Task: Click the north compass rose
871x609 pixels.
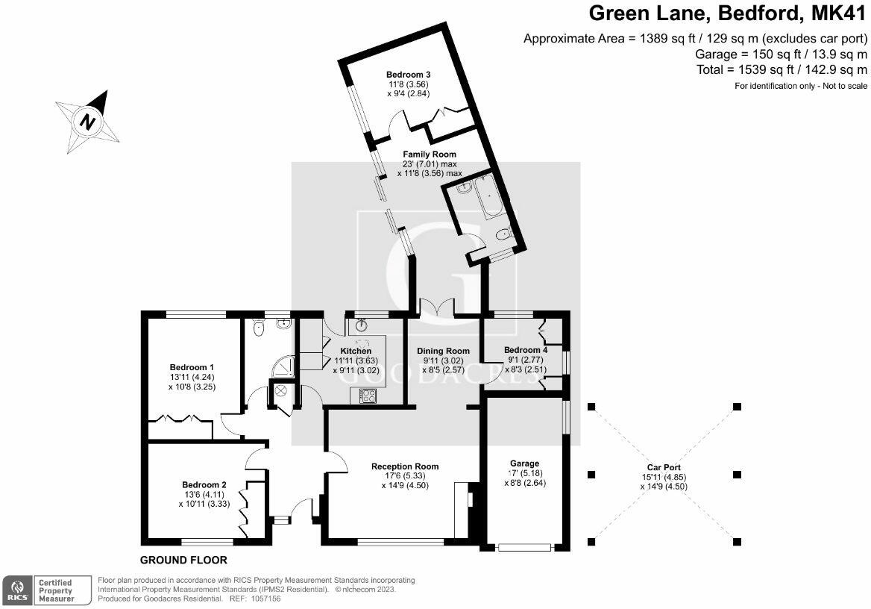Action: point(88,121)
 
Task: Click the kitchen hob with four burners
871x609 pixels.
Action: point(368,396)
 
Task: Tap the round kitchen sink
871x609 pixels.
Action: point(362,325)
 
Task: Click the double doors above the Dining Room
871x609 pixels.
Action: point(437,307)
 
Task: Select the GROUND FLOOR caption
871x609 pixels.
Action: point(183,560)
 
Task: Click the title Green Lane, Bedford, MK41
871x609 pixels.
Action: point(728,13)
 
